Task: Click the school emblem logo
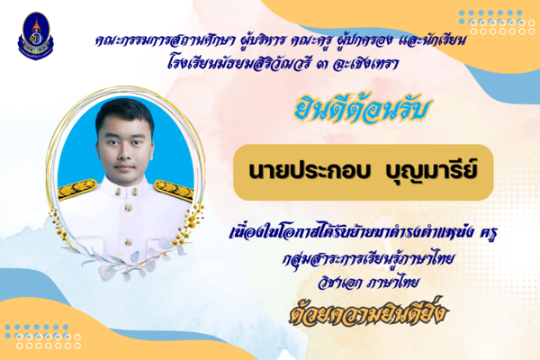[35, 36]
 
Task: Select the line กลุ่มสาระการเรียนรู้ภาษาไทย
[367, 259]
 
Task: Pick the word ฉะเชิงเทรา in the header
[365, 63]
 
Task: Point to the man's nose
[124, 153]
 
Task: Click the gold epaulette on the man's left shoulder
[173, 190]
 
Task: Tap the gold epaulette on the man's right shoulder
[77, 189]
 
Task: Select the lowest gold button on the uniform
[128, 242]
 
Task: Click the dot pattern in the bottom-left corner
[42, 337]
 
